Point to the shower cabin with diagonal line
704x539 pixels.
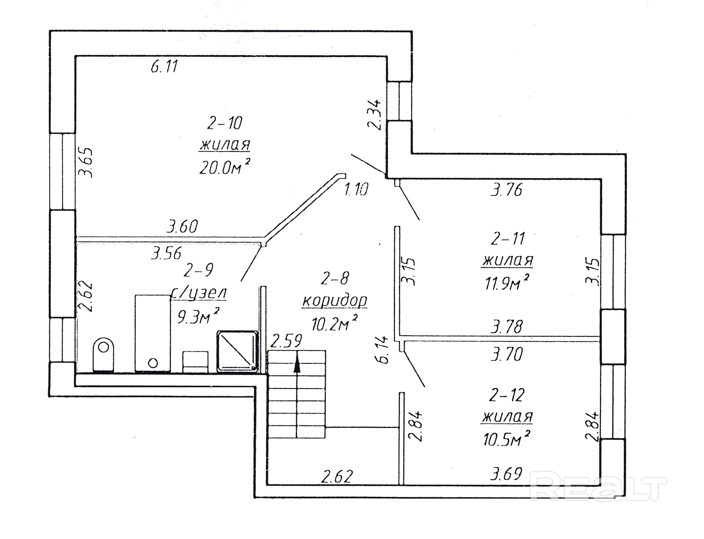(238, 351)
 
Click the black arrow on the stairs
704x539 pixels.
(297, 362)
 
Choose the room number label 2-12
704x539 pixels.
(507, 395)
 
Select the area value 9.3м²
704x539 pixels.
(199, 317)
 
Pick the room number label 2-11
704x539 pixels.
(508, 239)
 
